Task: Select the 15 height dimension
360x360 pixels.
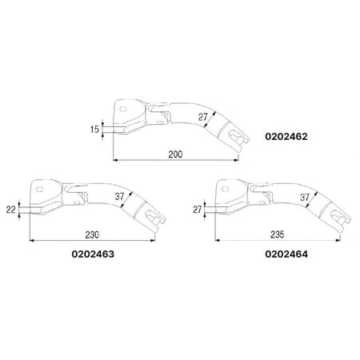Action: tap(96, 129)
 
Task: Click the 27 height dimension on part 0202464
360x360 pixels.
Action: tap(197, 210)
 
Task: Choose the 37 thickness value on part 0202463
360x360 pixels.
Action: tap(120, 198)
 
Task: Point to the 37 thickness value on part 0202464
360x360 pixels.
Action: tap(304, 197)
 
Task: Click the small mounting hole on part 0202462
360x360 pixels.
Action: tap(123, 105)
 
